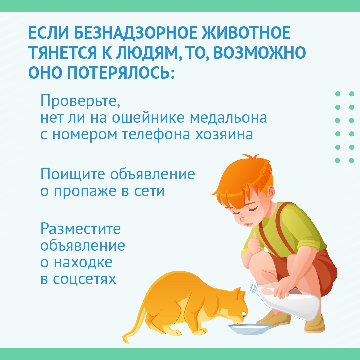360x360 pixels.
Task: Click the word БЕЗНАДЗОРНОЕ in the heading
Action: pos(135,33)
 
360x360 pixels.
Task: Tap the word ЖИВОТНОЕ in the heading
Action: pos(246,33)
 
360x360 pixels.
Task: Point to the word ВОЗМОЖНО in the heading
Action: pos(259,53)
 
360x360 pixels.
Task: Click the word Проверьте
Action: pos(80,101)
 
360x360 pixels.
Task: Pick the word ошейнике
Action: pos(148,118)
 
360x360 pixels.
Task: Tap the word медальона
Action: pos(228,118)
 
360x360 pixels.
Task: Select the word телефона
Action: pos(156,135)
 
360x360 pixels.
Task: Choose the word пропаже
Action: pos(85,191)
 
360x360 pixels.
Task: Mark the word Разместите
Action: pos(81,229)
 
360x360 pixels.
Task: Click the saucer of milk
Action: pos(250,328)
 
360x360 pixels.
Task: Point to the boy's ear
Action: pos(271,192)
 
